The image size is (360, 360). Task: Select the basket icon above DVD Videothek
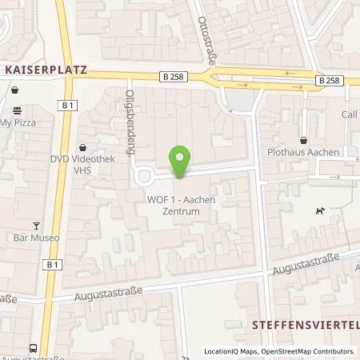[84, 147]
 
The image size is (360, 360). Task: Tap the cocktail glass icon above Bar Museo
[35, 226]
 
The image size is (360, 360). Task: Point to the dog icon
[319, 210]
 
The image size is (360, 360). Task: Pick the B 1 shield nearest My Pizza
[67, 104]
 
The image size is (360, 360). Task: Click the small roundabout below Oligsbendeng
[144, 176]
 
